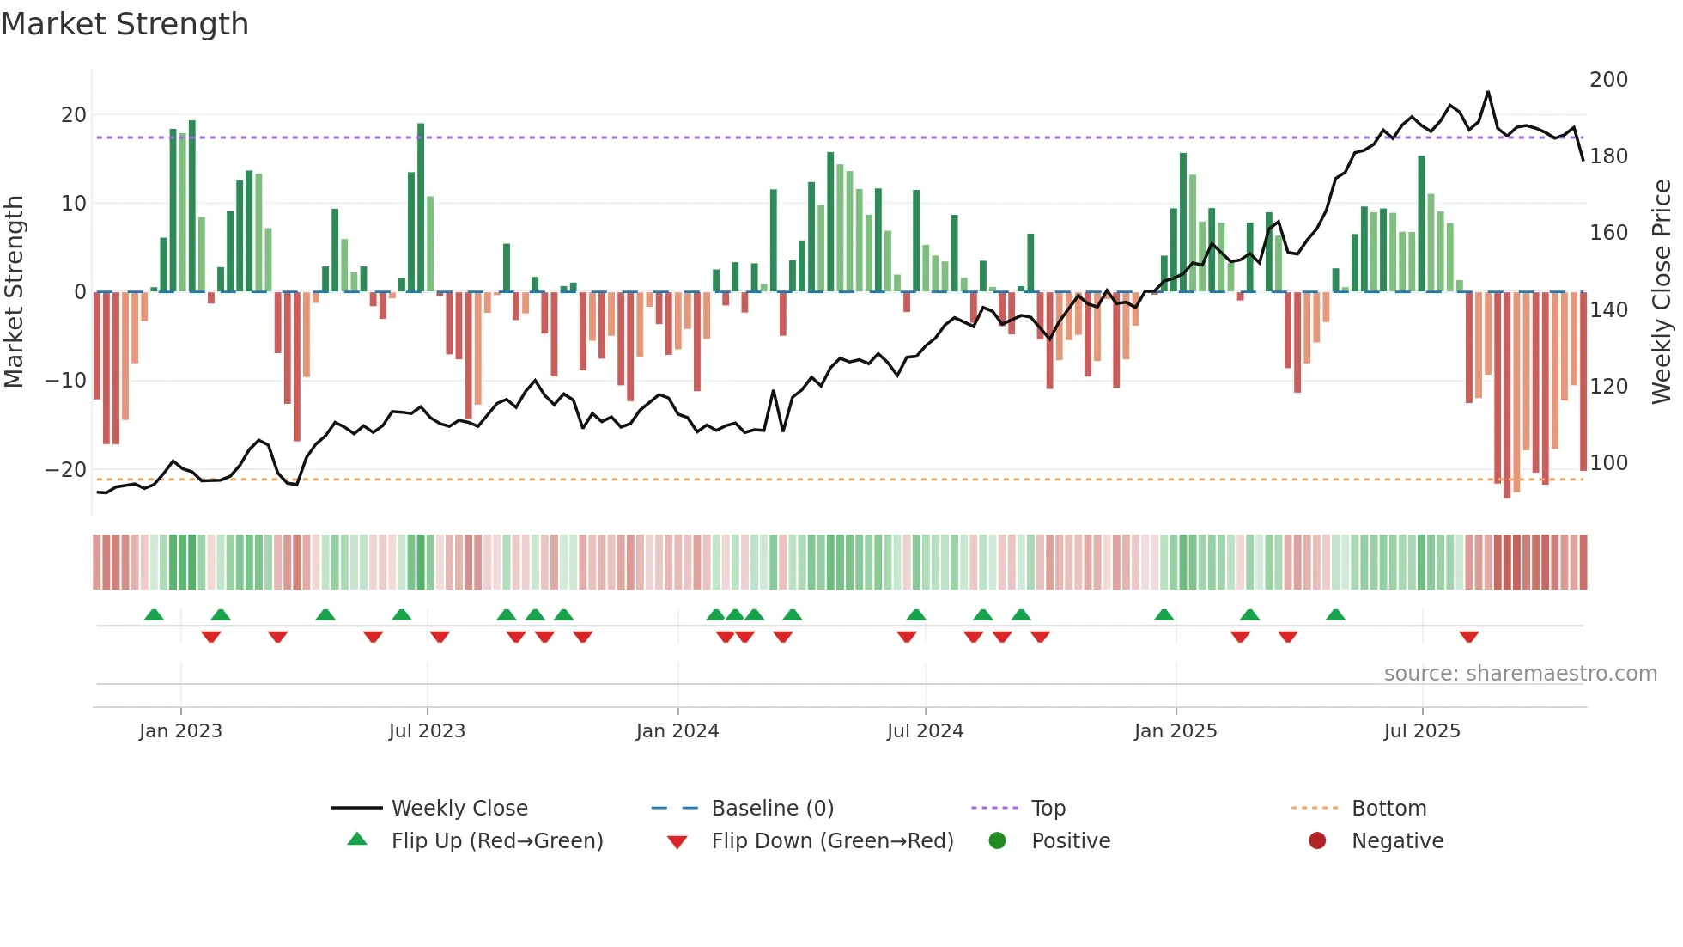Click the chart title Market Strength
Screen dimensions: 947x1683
click(125, 24)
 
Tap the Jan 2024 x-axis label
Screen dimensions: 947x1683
click(677, 731)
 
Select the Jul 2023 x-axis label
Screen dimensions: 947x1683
click(427, 731)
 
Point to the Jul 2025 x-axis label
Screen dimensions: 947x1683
click(1421, 731)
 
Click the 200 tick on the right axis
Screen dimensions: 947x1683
click(1608, 80)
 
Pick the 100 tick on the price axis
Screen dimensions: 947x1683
click(1608, 463)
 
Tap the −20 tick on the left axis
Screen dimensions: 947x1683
click(66, 470)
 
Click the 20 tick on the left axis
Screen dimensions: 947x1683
click(74, 115)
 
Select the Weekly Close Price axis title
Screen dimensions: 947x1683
click(1662, 292)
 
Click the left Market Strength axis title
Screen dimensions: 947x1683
click(15, 292)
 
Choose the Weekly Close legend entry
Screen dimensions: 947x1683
click(459, 809)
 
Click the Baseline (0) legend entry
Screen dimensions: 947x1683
click(772, 809)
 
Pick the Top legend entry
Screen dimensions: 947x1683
click(1048, 809)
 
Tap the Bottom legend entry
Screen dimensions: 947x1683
click(1388, 809)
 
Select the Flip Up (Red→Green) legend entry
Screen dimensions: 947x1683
click(496, 841)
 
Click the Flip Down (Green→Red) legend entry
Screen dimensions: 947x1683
click(832, 841)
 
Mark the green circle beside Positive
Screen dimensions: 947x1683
click(997, 840)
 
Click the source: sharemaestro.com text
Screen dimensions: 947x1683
click(1520, 674)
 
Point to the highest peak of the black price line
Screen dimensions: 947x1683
click(1488, 92)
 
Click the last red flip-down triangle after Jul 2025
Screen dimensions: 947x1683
click(1468, 637)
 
